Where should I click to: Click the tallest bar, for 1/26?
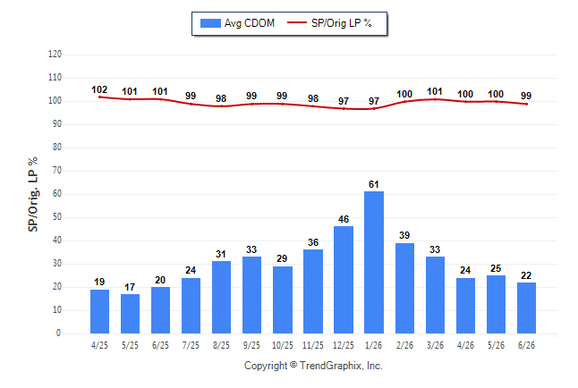pos(374,262)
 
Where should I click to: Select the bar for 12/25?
pos(344,280)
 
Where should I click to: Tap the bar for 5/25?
pos(130,314)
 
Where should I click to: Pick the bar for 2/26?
pos(404,288)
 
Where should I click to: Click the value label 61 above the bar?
pos(374,184)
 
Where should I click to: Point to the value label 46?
pos(344,219)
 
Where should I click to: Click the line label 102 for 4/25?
pos(99,89)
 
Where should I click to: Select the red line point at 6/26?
pos(526,104)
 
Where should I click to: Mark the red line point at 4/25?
pos(99,97)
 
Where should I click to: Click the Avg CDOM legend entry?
pos(237,23)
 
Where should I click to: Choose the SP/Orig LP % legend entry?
pos(329,23)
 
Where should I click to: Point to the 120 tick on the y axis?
pos(55,55)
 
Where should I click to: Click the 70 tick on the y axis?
pos(57,171)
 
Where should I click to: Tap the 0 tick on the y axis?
pos(59,333)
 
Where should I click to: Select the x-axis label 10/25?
pos(283,345)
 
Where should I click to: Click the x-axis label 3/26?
pos(435,345)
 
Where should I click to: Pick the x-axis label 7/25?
pos(191,345)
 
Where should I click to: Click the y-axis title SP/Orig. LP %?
pos(33,194)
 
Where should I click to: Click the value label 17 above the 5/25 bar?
pos(130,287)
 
